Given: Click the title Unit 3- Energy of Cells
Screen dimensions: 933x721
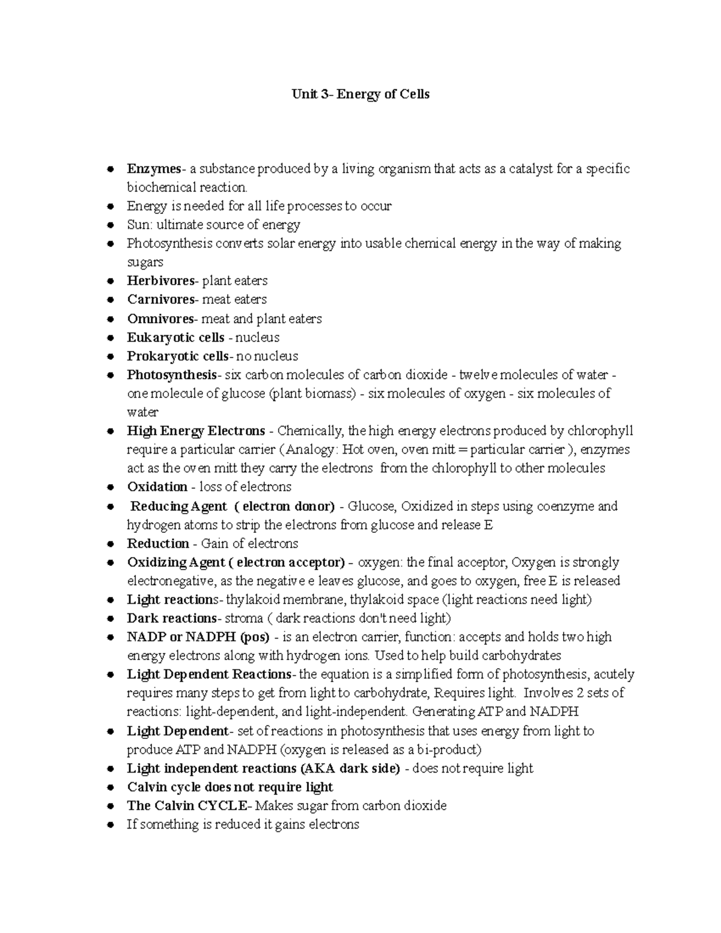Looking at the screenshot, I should click(x=360, y=94).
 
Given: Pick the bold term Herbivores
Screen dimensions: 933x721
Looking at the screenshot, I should click(x=161, y=281).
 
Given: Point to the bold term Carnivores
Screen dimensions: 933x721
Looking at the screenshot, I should click(x=161, y=300).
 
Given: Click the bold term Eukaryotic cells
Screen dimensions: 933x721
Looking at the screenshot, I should click(x=175, y=338).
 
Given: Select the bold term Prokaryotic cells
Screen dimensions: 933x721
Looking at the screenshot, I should click(x=177, y=356).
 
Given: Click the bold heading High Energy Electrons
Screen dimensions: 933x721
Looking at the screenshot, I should click(x=196, y=431).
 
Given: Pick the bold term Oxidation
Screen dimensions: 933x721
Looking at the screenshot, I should click(x=157, y=487).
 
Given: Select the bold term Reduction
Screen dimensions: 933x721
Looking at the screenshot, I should click(x=158, y=544).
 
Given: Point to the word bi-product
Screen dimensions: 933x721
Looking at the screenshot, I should click(x=450, y=750).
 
